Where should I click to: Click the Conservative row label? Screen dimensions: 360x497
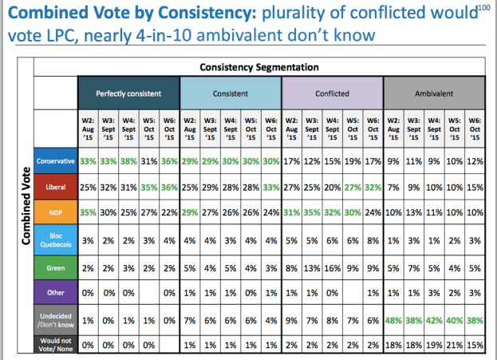56,161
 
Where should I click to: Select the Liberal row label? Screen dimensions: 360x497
56,187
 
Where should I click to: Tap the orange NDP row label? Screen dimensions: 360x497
56,213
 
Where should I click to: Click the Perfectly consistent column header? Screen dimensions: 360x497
128,93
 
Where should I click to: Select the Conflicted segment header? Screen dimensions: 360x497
332,93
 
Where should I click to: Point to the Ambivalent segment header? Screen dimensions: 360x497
434,93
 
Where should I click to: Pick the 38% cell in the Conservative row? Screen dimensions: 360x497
128,161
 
